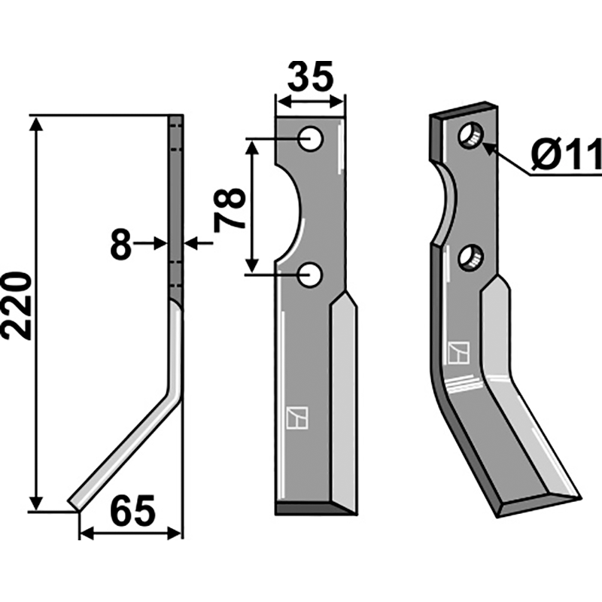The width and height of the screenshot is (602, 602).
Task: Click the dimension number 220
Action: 17,307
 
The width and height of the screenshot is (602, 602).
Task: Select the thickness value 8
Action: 120,245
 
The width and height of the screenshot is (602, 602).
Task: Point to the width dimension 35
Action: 310,77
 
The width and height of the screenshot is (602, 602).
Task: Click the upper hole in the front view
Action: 310,138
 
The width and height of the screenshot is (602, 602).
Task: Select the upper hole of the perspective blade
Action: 471,136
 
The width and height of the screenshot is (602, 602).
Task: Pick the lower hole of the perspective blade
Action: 471,258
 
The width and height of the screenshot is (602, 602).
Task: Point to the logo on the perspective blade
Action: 458,352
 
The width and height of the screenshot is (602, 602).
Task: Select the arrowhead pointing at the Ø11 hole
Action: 489,148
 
